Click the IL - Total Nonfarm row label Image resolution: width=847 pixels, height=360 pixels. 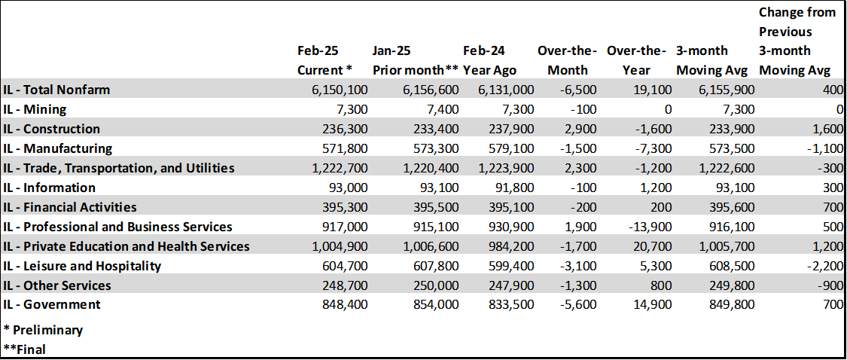pyautogui.click(x=56, y=90)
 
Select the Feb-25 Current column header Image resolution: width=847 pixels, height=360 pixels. pyautogui.click(x=325, y=61)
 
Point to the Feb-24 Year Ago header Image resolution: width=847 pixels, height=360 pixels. pyautogui.click(x=489, y=61)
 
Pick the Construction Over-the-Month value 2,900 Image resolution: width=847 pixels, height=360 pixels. pyautogui.click(x=581, y=129)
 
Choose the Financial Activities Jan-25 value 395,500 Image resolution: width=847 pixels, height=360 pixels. pyautogui.click(x=429, y=207)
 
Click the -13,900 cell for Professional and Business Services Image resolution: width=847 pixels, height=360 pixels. pyautogui.click(x=647, y=227)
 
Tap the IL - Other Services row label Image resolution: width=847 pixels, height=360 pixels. pyautogui.click(x=57, y=285)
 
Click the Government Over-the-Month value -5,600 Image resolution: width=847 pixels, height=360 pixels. pyautogui.click(x=580, y=305)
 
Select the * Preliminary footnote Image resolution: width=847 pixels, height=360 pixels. pyautogui.click(x=43, y=330)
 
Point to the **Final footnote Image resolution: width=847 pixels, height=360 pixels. pyautogui.click(x=25, y=349)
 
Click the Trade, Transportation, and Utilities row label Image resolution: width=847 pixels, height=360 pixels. pyautogui.click(x=119, y=168)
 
